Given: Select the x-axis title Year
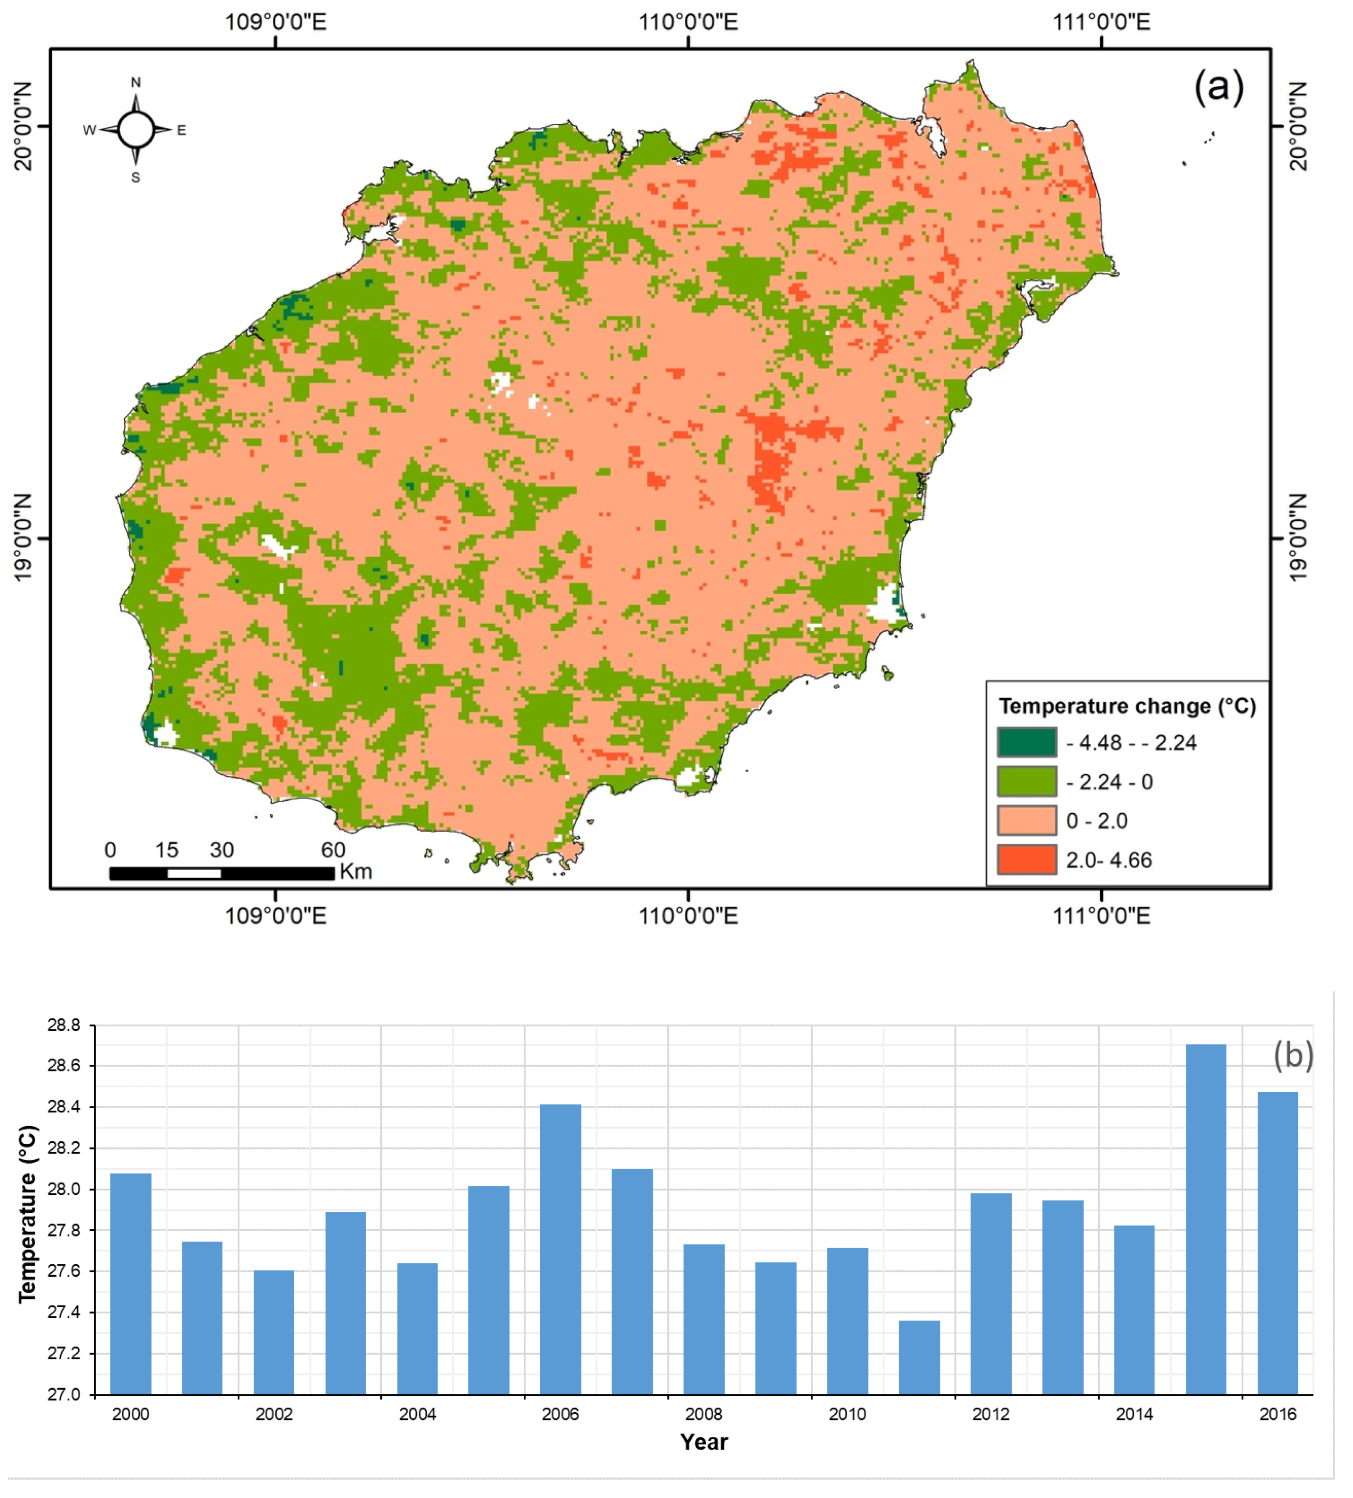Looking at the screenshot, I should coord(704,1442).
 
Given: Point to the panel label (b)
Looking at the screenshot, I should coord(1293,1055).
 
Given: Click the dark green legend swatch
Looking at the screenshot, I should coord(1026,742).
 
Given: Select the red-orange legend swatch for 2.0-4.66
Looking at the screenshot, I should coord(1026,860).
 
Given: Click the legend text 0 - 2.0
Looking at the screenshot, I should coord(1096,821).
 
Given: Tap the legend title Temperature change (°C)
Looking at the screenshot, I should coord(1126,706).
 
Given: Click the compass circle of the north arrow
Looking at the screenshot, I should coord(136,130).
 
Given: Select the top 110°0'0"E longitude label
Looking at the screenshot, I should coord(688,22).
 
